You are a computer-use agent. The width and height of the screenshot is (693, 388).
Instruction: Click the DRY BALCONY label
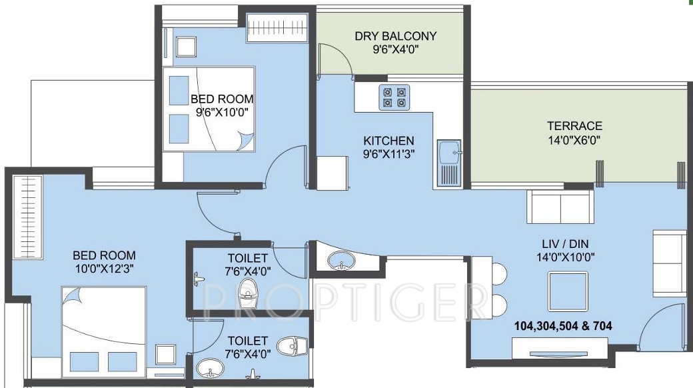(395, 36)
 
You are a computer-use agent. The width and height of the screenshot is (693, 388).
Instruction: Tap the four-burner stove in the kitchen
(393, 97)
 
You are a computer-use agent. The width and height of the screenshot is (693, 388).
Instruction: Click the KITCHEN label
(388, 141)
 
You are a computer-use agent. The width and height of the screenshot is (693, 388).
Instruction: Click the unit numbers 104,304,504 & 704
(563, 326)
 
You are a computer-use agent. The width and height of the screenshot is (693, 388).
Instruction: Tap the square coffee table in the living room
(568, 292)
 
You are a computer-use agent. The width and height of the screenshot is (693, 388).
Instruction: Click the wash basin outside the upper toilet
(343, 259)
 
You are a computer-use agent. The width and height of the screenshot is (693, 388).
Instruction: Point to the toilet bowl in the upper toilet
(248, 291)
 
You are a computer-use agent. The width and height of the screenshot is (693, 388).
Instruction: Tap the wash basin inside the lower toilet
(211, 369)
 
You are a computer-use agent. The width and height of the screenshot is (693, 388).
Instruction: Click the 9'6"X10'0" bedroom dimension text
(222, 112)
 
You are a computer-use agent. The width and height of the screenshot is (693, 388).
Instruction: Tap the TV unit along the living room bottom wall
(559, 347)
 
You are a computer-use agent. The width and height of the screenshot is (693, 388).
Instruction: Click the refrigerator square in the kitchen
(333, 173)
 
